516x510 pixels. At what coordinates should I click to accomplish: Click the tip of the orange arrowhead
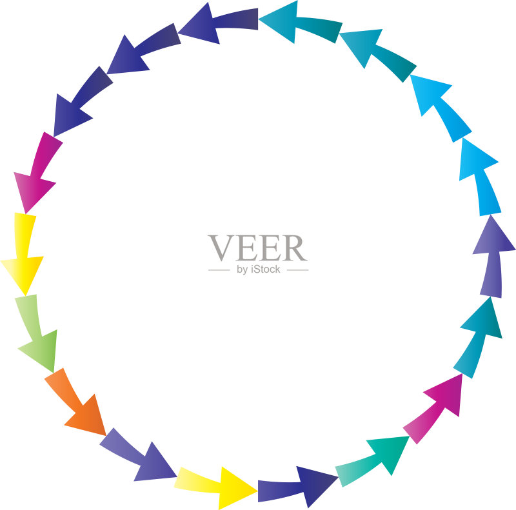[106, 436]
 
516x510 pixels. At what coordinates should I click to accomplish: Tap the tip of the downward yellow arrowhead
[26, 295]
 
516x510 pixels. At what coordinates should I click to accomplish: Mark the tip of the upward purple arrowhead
[491, 215]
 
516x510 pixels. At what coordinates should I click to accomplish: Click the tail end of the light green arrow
[26, 296]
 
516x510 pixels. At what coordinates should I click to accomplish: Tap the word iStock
[265, 270]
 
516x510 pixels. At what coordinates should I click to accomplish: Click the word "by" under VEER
[243, 270]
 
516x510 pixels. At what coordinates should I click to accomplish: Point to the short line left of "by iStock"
[219, 270]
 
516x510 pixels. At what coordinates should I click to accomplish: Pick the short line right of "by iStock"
[298, 270]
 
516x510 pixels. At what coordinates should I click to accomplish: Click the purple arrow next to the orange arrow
[140, 456]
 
